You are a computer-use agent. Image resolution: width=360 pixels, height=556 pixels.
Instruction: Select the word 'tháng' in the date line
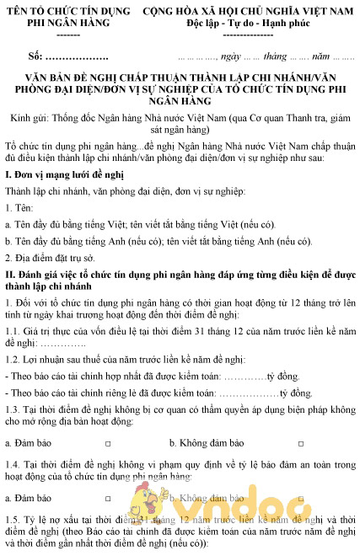[277, 58]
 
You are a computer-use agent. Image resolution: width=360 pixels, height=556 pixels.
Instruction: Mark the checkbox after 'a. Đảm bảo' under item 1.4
[108, 498]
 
